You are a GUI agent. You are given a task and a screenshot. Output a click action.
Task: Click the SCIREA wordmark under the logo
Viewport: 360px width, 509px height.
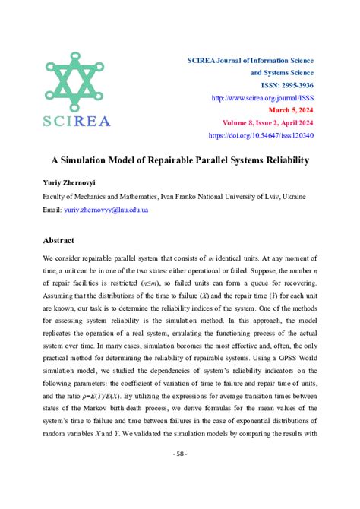coord(76,121)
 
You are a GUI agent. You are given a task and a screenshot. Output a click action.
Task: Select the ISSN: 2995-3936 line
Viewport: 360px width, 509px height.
coord(281,86)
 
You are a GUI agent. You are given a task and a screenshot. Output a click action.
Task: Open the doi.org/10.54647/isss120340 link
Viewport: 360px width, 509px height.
coord(261,135)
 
